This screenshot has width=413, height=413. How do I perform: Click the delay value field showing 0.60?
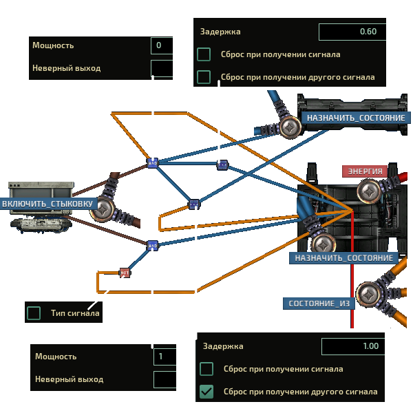[x=352, y=32]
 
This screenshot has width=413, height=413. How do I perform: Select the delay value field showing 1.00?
[x=353, y=346]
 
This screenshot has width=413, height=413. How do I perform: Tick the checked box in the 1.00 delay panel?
[x=206, y=392]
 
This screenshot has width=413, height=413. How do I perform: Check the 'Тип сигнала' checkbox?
[x=34, y=313]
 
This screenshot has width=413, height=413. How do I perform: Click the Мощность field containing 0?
[x=162, y=45]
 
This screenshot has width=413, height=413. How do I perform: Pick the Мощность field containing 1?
[x=165, y=357]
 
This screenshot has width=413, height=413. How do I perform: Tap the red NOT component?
[x=125, y=273]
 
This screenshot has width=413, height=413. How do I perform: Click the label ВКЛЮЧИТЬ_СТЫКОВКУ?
[x=48, y=204]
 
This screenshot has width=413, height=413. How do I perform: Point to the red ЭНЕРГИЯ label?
[x=365, y=171]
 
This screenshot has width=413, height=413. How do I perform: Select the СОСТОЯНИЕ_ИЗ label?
[x=319, y=304]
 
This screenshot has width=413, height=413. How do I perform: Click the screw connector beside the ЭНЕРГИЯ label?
[x=369, y=191]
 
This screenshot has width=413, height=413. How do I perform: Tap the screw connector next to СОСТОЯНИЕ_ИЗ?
[x=368, y=294]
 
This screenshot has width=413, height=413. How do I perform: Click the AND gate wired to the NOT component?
[x=153, y=246]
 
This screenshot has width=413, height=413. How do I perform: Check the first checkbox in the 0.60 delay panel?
[x=204, y=54]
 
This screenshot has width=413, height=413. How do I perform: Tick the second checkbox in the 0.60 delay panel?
[x=204, y=77]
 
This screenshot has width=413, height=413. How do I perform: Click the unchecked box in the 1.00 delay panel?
[x=206, y=369]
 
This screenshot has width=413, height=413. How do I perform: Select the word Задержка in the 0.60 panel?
[x=220, y=32]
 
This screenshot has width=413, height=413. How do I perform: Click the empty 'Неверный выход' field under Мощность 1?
[x=165, y=379]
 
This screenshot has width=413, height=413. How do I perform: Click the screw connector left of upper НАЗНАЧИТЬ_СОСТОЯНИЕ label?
[x=290, y=127]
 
